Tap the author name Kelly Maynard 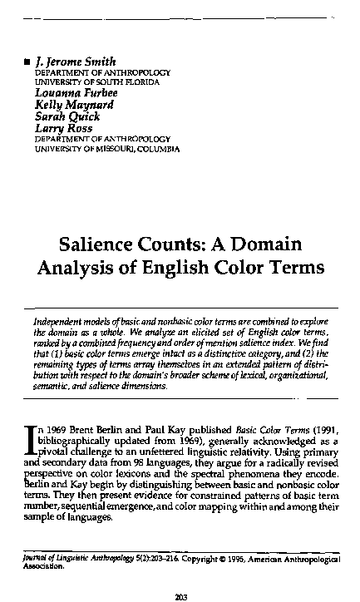pyautogui.click(x=69, y=105)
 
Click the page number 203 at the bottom pyautogui.click(x=180, y=593)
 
